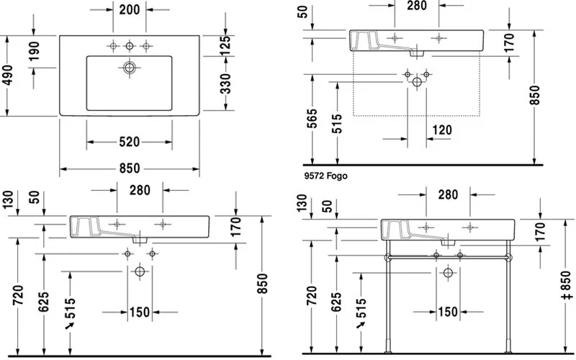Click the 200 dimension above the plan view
(130, 10)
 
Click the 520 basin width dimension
(129, 141)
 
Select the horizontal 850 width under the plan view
(129, 168)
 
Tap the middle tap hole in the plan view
(130, 46)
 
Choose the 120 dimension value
(443, 130)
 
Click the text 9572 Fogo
(325, 175)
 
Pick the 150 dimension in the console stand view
(448, 312)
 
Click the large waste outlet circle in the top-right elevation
(417, 83)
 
